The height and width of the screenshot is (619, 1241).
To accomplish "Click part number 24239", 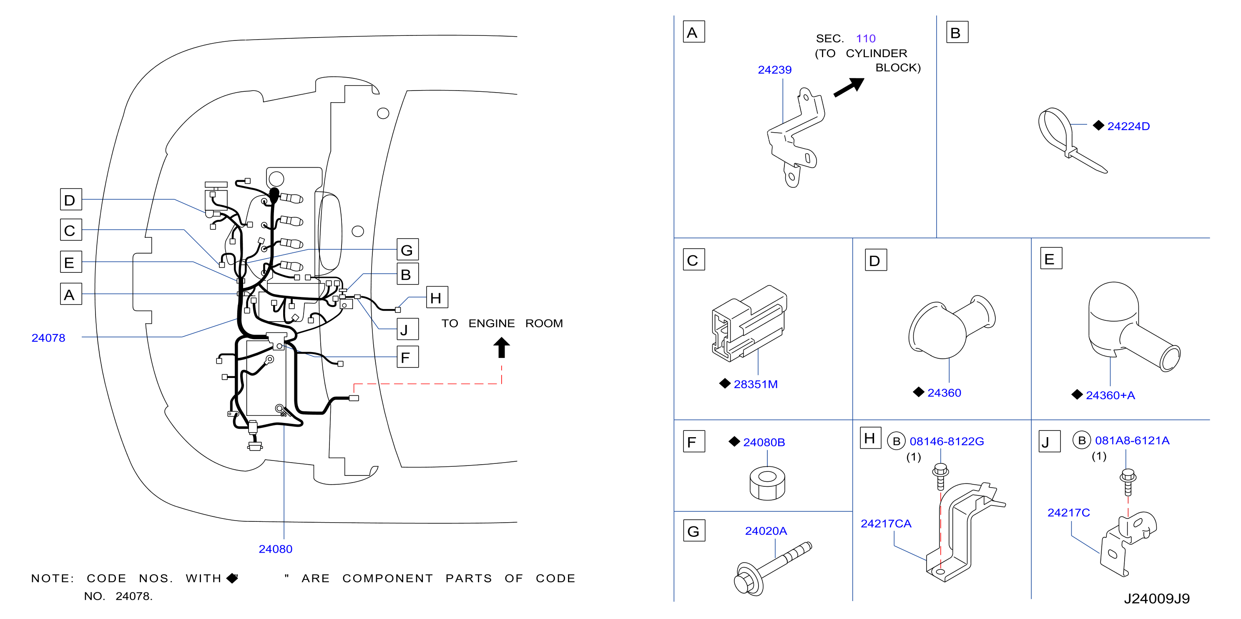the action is click(x=774, y=70).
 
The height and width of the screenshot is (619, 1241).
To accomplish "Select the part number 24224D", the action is click(x=1128, y=126).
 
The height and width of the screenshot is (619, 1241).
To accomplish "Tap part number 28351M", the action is click(x=755, y=384).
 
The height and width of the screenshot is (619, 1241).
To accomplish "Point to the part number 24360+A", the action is click(x=1110, y=395).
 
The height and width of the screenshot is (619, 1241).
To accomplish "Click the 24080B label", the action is click(x=764, y=442).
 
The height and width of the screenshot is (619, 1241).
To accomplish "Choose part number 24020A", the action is click(x=766, y=531).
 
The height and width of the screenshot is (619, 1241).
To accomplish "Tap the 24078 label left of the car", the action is click(x=48, y=338).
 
